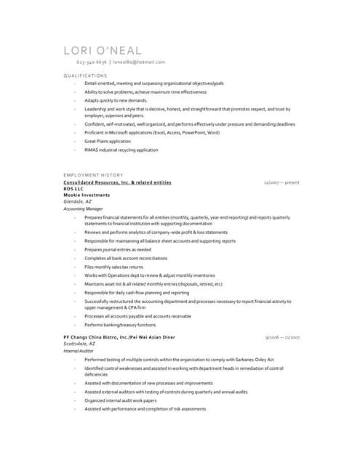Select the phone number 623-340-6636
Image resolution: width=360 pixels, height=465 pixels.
91,62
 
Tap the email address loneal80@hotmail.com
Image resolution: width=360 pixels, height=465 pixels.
139,62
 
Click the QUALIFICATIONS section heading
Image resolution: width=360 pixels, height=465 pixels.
85,76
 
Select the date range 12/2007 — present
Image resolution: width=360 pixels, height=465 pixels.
281,182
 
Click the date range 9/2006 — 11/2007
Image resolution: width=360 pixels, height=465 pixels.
283,338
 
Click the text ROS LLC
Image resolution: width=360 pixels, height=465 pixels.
73,189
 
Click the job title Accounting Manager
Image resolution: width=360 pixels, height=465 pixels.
83,209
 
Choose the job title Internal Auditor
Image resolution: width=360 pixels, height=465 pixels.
79,351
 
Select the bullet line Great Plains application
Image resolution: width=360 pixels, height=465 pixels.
108,142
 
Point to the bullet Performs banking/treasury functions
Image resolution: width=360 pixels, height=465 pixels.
120,325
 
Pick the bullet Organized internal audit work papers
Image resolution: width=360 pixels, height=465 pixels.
120,400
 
